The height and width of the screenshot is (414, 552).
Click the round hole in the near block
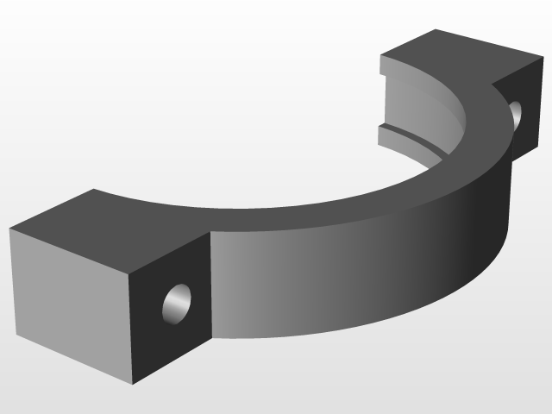click(178, 303)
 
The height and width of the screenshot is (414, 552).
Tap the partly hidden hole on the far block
click(516, 113)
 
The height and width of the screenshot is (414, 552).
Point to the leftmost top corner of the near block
click(9, 230)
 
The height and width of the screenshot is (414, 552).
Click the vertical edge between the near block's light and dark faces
click(130, 328)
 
